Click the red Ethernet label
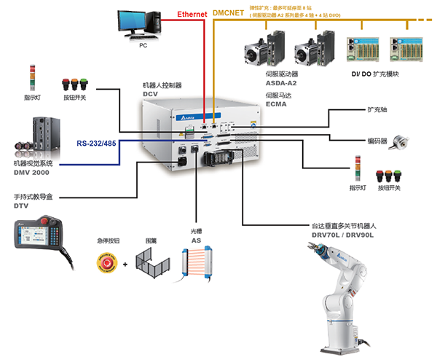[193, 14]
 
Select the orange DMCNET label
[229, 13]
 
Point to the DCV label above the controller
[151, 94]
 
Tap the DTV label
[20, 206]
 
